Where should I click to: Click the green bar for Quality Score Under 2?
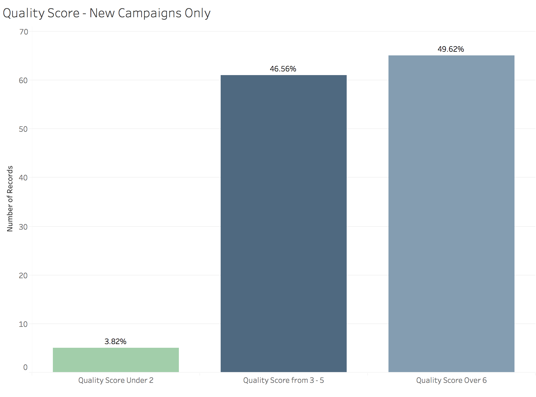tap(116, 360)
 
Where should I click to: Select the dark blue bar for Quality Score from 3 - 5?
tap(283, 223)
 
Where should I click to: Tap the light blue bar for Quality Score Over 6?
tap(451, 214)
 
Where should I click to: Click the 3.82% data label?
tap(115, 341)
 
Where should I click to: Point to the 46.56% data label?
tap(283, 69)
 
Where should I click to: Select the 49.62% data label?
tap(451, 49)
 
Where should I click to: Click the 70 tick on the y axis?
tap(23, 32)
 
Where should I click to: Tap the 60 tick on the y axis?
tap(23, 80)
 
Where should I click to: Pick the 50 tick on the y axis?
tap(23, 129)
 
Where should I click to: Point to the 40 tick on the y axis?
tap(23, 178)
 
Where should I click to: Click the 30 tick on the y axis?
tap(23, 227)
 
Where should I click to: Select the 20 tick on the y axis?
tap(23, 275)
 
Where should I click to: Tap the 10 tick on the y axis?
tap(23, 324)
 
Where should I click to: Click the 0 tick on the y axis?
tap(25, 367)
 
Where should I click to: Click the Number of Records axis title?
tap(10, 198)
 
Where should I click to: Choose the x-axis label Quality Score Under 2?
tap(116, 380)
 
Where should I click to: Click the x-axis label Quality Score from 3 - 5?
tap(283, 380)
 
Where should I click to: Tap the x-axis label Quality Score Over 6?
tap(451, 380)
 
